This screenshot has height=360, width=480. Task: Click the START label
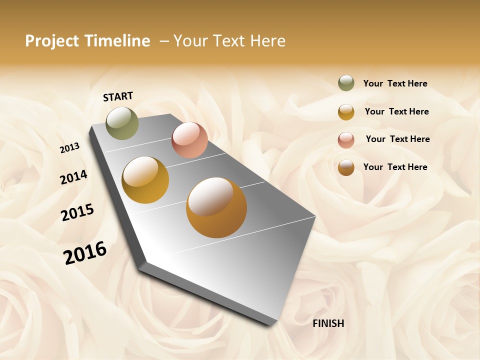[118, 96]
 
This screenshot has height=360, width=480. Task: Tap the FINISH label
[328, 323]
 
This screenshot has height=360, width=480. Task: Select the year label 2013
[69, 148]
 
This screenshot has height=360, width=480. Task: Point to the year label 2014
[73, 177]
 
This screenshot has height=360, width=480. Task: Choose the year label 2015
[77, 212]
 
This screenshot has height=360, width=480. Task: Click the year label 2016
[85, 252]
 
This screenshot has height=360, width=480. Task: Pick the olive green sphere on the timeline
[122, 123]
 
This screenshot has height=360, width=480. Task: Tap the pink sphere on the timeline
[189, 140]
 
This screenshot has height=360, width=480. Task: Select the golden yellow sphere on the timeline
[145, 180]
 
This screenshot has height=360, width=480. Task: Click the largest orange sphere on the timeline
[216, 207]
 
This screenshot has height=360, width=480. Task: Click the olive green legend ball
[346, 83]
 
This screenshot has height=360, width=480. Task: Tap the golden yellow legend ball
[346, 111]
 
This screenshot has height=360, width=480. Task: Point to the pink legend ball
[346, 139]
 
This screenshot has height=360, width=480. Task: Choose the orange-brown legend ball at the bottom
[346, 167]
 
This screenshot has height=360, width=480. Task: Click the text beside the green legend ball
[395, 83]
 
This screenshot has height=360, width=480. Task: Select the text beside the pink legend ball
[397, 139]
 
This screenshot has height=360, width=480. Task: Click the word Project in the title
[52, 41]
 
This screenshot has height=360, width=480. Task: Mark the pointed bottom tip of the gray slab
[272, 324]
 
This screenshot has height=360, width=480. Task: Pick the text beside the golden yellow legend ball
[396, 111]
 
